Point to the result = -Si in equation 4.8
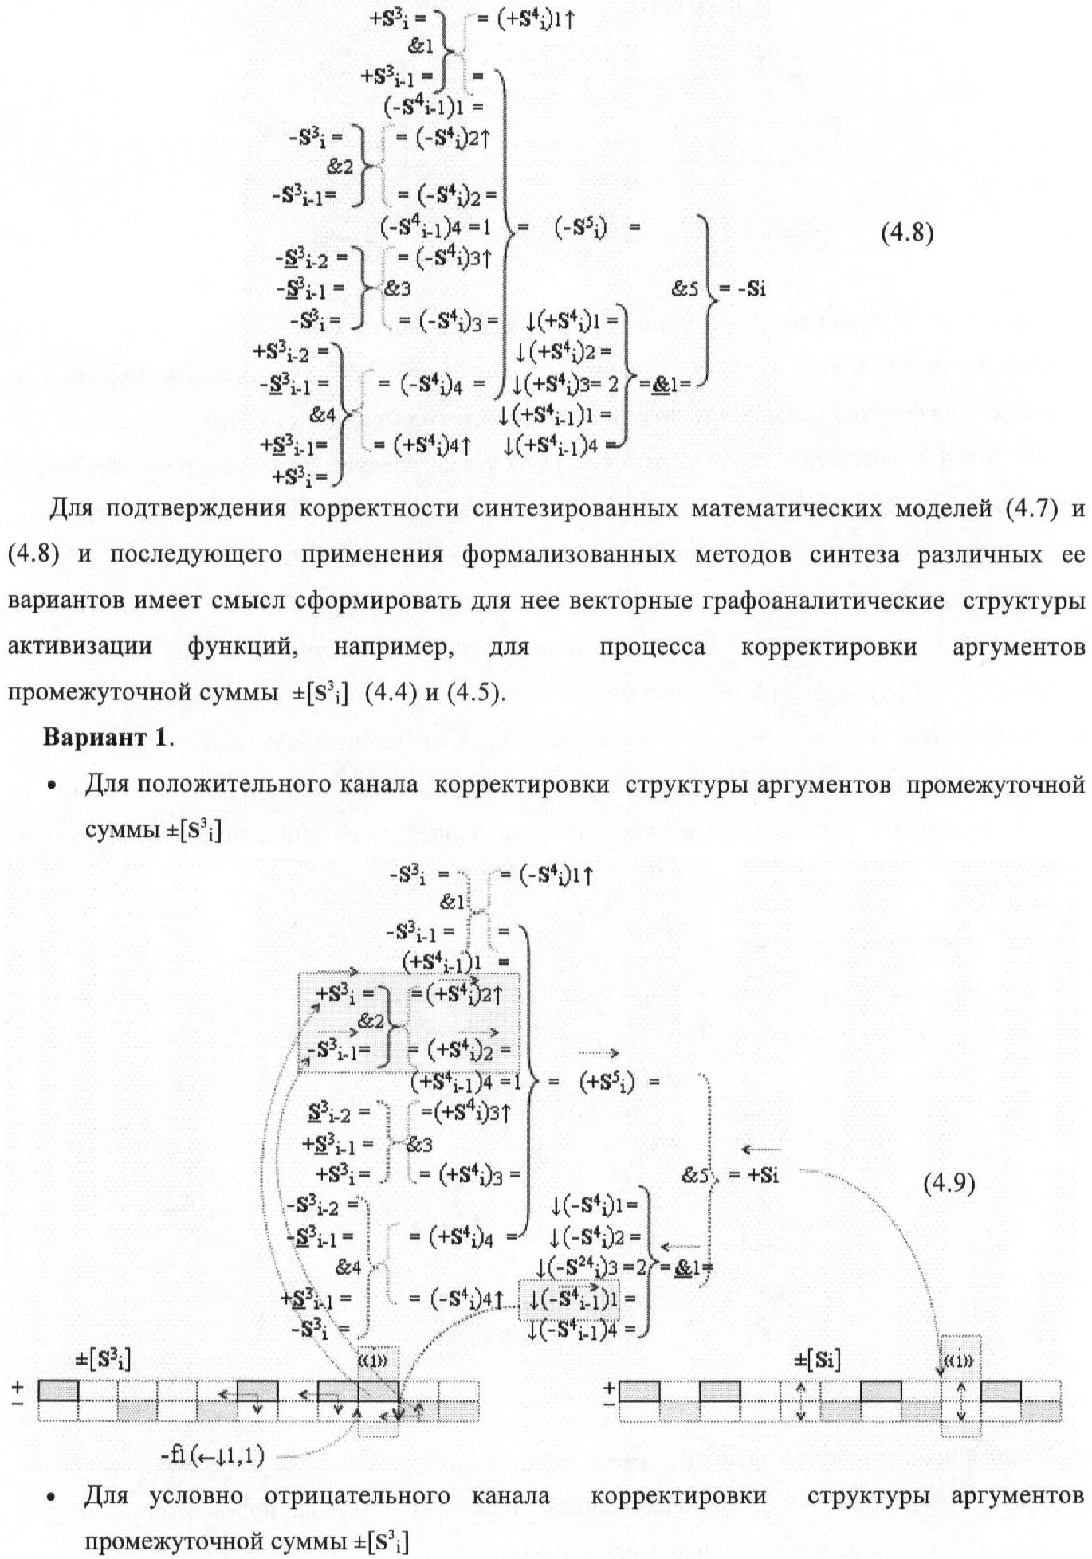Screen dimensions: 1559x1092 pos(742,289)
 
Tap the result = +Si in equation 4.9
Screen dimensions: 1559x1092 pos(752,1175)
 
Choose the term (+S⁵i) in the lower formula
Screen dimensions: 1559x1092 pos(607,1082)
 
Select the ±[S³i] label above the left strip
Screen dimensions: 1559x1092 pos(104,1360)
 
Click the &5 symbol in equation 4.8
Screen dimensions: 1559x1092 pos(684,288)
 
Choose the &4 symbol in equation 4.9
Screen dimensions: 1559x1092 pos(348,1267)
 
